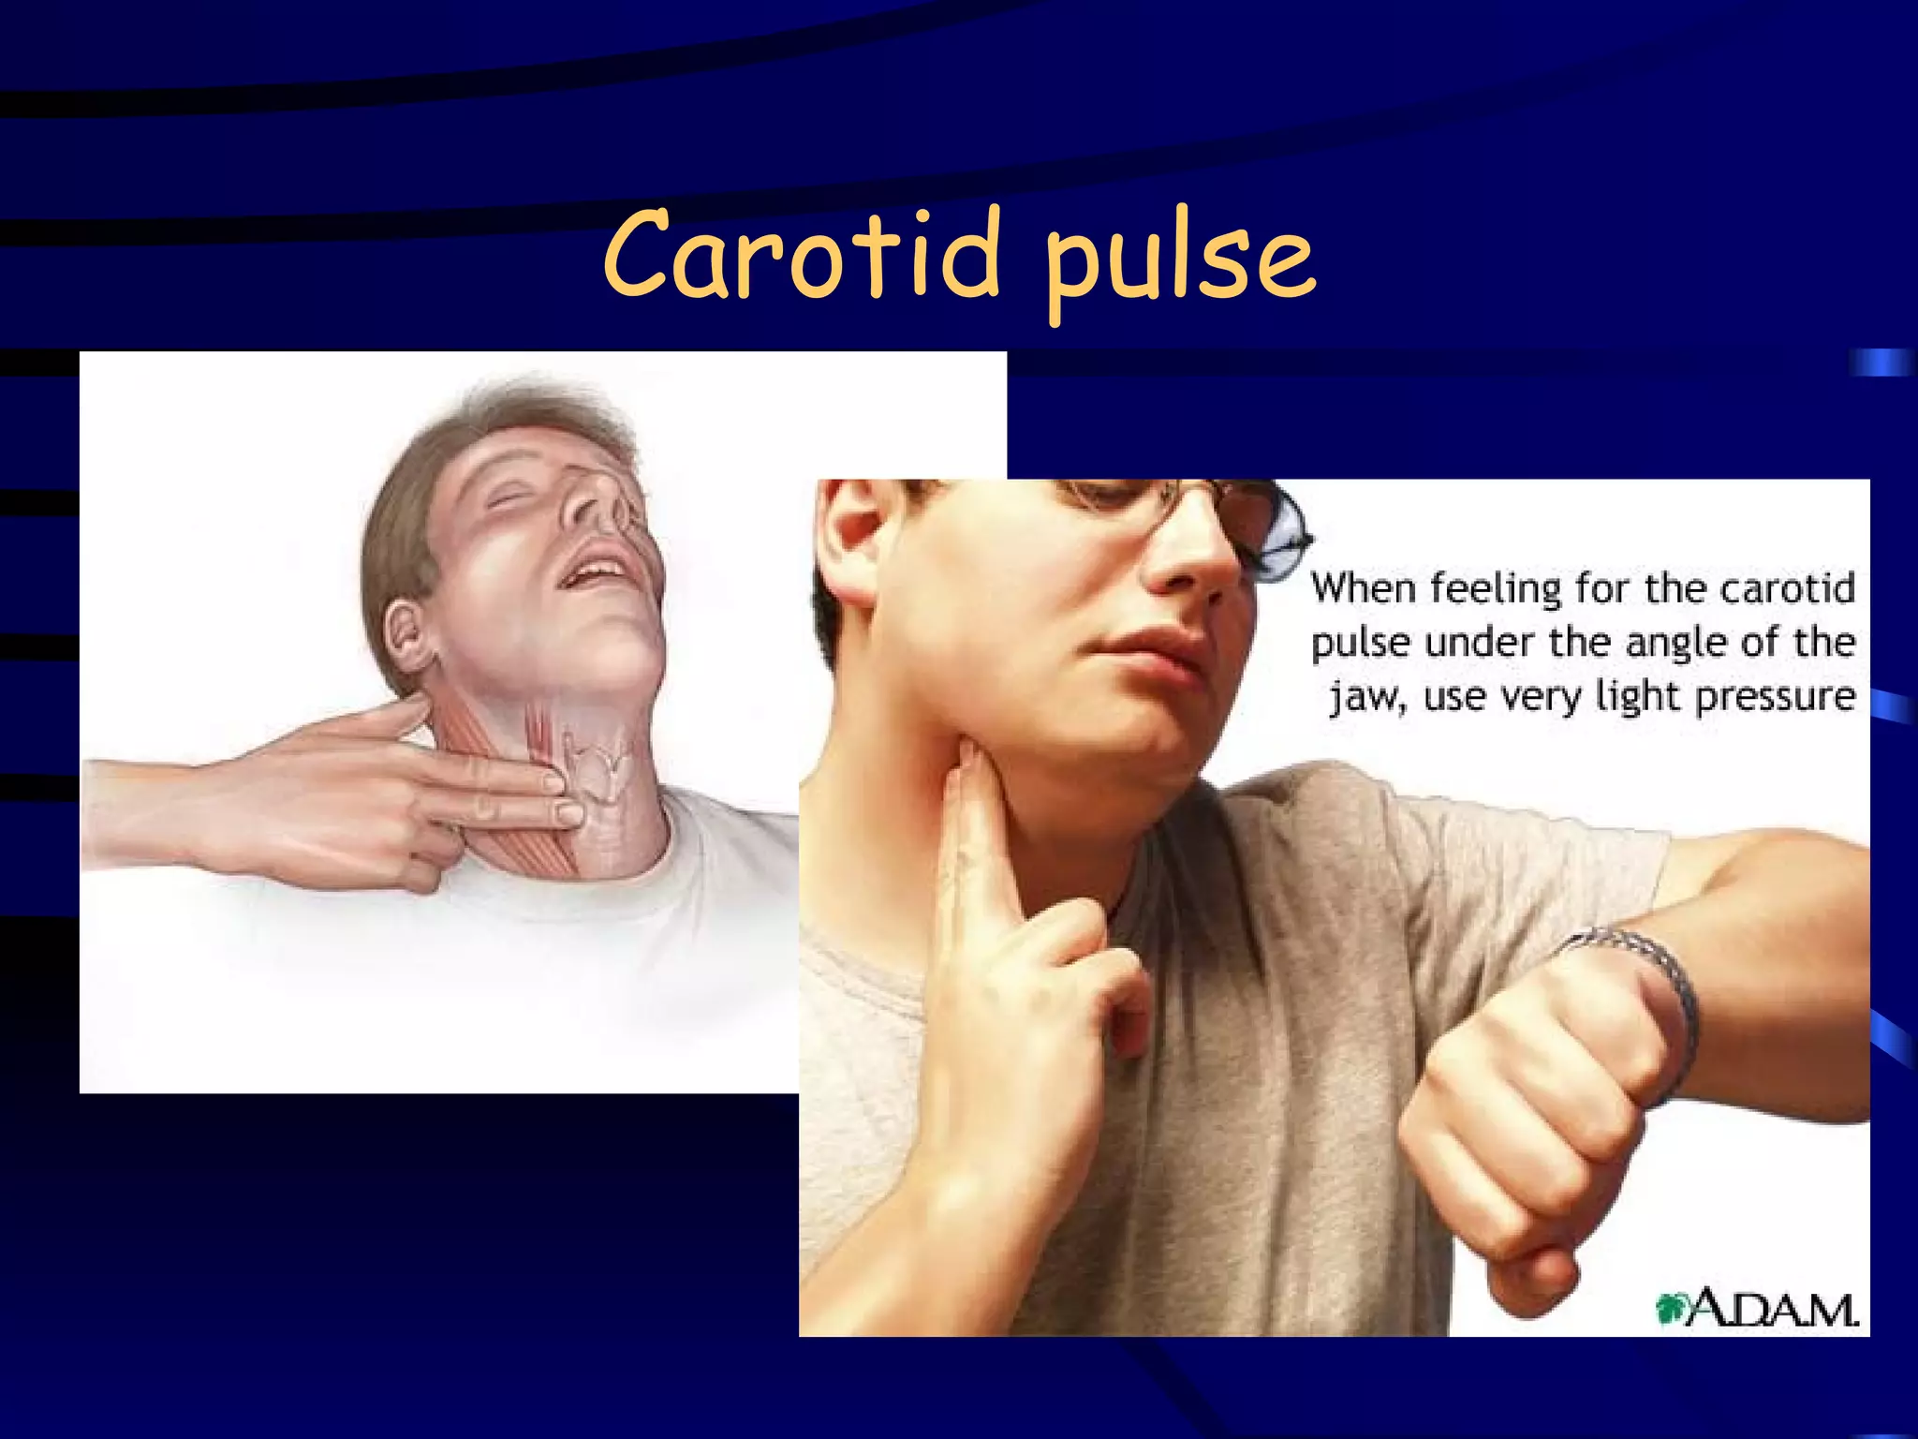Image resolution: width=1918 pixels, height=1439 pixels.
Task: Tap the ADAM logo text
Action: pyautogui.click(x=1773, y=1308)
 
